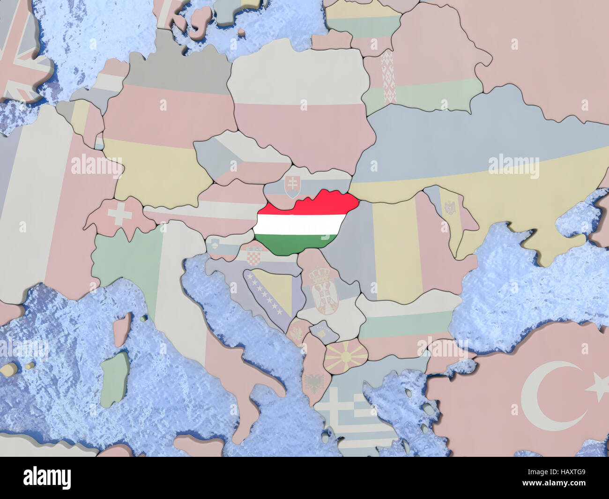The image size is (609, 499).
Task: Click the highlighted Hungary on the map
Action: (x=304, y=220)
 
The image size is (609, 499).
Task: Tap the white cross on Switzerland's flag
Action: (x=120, y=216)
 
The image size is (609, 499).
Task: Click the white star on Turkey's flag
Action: (x=597, y=387)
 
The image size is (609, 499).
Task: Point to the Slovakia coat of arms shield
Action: (x=292, y=186)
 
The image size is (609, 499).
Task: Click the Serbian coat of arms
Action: (x=322, y=290)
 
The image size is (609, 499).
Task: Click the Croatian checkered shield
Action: (x=253, y=256)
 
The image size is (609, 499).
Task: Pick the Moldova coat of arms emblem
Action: (x=450, y=207)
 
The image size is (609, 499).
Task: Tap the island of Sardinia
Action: (x=114, y=380)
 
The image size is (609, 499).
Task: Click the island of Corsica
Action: (x=122, y=328)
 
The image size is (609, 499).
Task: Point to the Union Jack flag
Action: (x=21, y=52)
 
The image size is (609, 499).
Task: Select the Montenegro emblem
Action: (x=297, y=333)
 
